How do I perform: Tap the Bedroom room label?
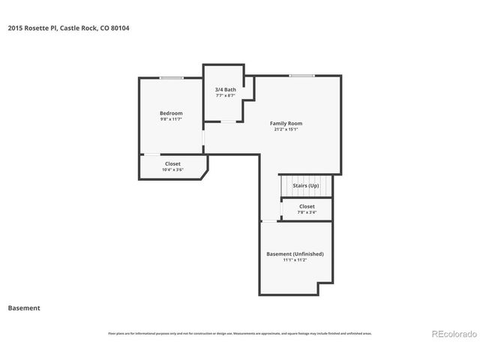[x=171, y=113]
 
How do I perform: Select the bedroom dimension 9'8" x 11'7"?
[x=171, y=119]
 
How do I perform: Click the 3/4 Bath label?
[x=226, y=90]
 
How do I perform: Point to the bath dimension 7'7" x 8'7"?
[x=226, y=96]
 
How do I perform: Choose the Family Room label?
[x=286, y=123]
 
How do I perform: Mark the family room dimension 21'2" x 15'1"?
[x=286, y=129]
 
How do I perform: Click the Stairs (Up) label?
[x=306, y=184]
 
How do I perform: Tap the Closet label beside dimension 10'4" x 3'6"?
[x=172, y=163]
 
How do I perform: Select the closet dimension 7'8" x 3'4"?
[x=307, y=212]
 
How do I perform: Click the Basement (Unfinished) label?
[x=295, y=253]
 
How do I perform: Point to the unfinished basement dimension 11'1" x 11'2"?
[x=295, y=259]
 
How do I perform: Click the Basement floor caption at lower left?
[x=23, y=307]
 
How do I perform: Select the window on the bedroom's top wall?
[x=171, y=77]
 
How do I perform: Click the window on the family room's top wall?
[x=302, y=75]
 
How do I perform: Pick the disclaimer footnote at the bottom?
[x=239, y=333]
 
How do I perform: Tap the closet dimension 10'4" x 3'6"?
[x=172, y=169]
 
